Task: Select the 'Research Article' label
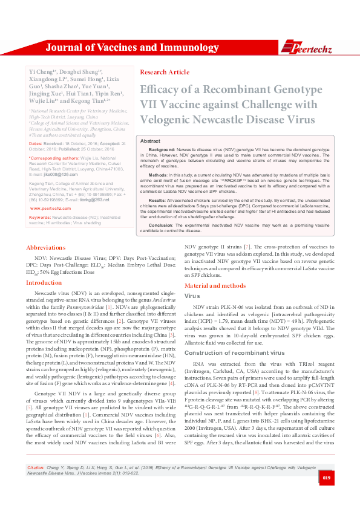point(164,72)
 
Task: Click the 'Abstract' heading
point(150,140)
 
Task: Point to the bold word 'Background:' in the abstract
point(162,149)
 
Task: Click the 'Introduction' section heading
point(44,282)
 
